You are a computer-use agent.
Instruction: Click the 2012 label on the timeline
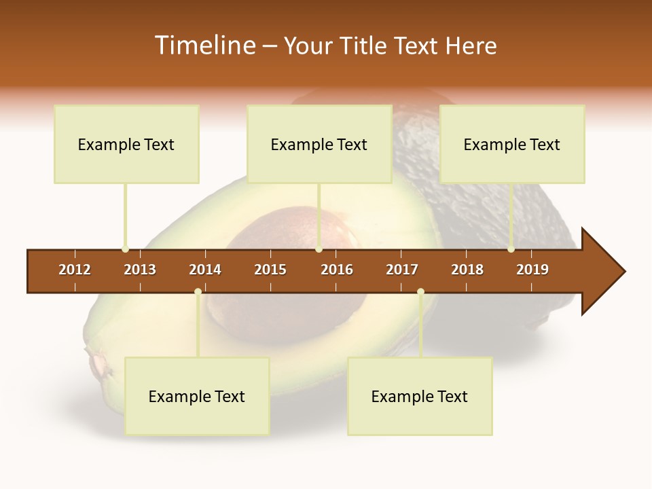coord(75,270)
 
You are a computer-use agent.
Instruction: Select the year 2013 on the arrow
coord(140,270)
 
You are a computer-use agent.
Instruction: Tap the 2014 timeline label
coord(205,270)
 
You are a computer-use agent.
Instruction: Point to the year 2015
coord(270,270)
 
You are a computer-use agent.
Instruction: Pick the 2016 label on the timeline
coord(337,270)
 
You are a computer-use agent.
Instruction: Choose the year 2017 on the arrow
coord(402,270)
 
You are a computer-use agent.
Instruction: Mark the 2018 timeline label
coord(467,270)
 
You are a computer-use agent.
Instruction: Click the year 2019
coord(532,270)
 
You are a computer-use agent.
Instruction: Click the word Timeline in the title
coord(204,46)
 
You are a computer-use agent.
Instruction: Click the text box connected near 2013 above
coord(126,144)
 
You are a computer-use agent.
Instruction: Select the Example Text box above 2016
coord(319,144)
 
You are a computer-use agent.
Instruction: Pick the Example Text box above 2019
coord(512,144)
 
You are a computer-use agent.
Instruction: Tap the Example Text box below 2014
coord(197,396)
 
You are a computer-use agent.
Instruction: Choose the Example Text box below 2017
coord(420,396)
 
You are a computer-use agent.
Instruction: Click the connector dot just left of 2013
coord(125,249)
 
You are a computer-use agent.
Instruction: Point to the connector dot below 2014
coord(198,292)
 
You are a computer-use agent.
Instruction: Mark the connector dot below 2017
coord(420,292)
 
